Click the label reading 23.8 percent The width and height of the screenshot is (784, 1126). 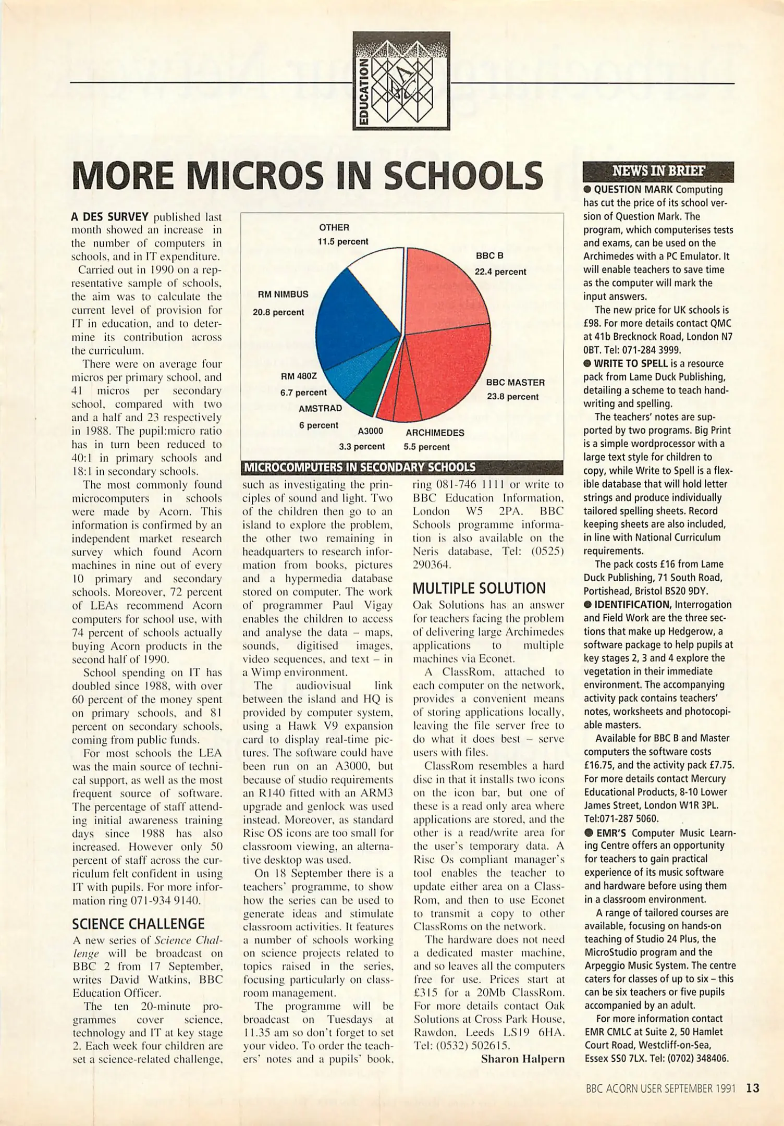pyautogui.click(x=512, y=397)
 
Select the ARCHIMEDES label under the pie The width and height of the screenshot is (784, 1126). pyautogui.click(x=435, y=433)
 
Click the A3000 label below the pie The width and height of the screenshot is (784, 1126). pyautogui.click(x=370, y=432)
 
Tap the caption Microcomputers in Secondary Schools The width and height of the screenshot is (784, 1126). pyautogui.click(x=360, y=468)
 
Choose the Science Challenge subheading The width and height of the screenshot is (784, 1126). pyautogui.click(x=138, y=924)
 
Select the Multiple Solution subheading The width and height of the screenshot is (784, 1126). pyautogui.click(x=479, y=589)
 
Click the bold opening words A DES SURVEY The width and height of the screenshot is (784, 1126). pyautogui.click(x=110, y=216)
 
